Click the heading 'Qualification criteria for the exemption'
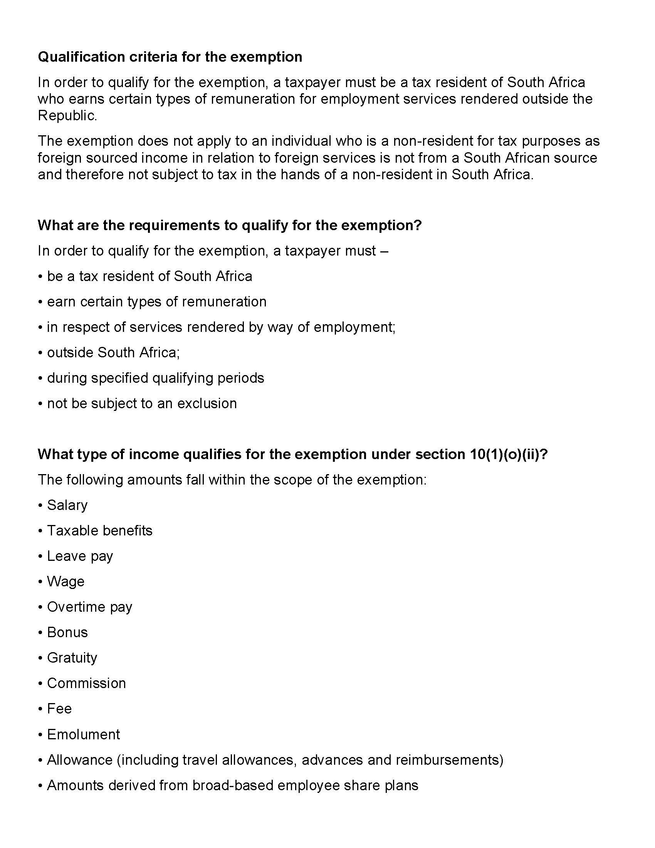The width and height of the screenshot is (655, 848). pyautogui.click(x=170, y=57)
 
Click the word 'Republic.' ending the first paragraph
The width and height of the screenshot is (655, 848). pyautogui.click(x=67, y=116)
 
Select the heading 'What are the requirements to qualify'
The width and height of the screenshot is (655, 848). pyautogui.click(x=229, y=225)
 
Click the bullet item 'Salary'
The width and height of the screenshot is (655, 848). pyautogui.click(x=67, y=505)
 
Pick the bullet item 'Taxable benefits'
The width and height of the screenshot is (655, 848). pyautogui.click(x=100, y=530)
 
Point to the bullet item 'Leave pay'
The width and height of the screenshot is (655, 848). pyautogui.click(x=80, y=556)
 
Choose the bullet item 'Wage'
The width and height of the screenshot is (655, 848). pyautogui.click(x=65, y=581)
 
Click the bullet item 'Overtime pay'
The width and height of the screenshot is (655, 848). pyautogui.click(x=90, y=607)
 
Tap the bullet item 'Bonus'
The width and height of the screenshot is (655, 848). pyautogui.click(x=67, y=632)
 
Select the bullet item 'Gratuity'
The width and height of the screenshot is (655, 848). pyautogui.click(x=72, y=658)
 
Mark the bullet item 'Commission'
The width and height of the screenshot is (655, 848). pyautogui.click(x=86, y=683)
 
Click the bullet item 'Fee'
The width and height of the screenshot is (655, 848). pyautogui.click(x=59, y=708)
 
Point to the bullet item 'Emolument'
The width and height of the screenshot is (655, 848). pyautogui.click(x=84, y=734)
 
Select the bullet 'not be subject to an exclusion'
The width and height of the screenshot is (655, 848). pyautogui.click(x=142, y=404)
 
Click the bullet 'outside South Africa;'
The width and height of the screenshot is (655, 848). pyautogui.click(x=113, y=353)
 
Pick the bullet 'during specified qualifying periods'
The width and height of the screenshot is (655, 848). pyautogui.click(x=155, y=378)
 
